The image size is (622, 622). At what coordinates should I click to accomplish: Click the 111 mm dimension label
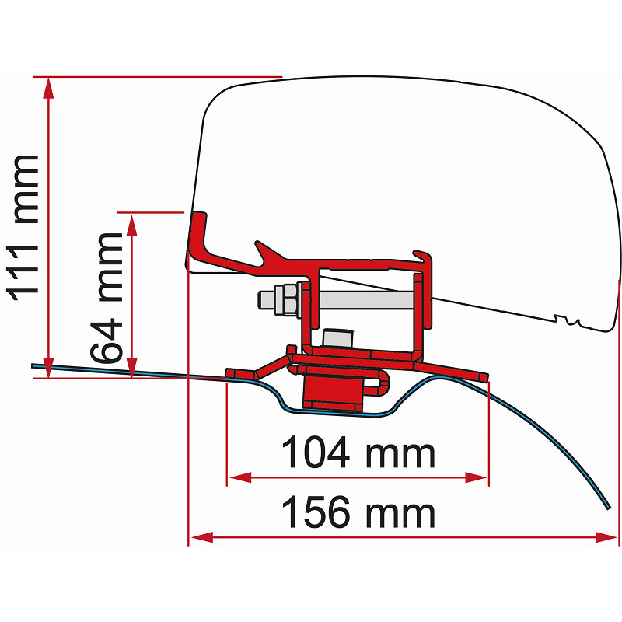pyautogui.click(x=23, y=228)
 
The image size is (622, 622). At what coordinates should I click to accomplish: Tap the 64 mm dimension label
pyautogui.click(x=106, y=298)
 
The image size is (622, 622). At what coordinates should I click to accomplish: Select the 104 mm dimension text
pyautogui.click(x=358, y=453)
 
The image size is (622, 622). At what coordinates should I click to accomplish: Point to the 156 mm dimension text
pyautogui.click(x=358, y=512)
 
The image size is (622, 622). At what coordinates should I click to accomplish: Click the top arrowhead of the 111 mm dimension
pyautogui.click(x=48, y=87)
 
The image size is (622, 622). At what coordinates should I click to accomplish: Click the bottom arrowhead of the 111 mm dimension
pyautogui.click(x=48, y=367)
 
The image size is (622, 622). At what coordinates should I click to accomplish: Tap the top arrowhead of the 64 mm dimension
pyautogui.click(x=132, y=225)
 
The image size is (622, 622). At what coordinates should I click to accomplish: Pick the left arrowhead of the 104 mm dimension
pyautogui.click(x=240, y=477)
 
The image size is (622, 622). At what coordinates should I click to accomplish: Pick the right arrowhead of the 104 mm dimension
pyautogui.click(x=476, y=477)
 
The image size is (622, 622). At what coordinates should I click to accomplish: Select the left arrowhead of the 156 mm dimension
pyautogui.click(x=202, y=537)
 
